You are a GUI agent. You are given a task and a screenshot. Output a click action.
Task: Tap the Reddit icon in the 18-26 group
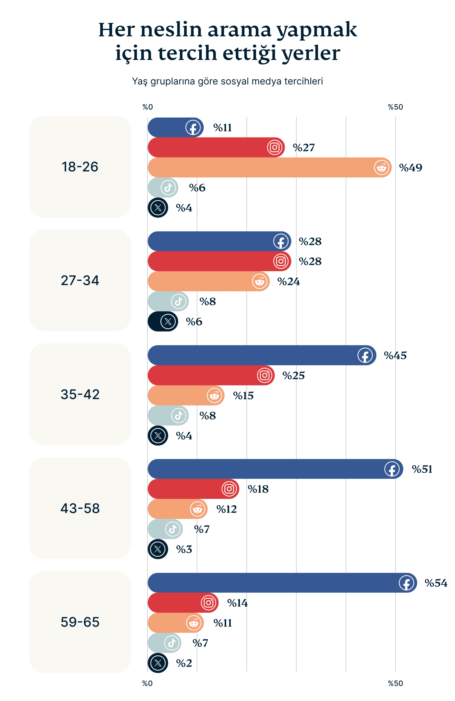[x=381, y=168]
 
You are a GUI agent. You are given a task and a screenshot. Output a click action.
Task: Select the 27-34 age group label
[x=80, y=280]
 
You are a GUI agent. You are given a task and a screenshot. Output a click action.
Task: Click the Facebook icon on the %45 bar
[x=365, y=355]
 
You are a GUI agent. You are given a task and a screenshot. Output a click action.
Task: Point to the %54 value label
[x=436, y=583]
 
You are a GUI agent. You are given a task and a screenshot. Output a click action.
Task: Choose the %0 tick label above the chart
[x=147, y=107]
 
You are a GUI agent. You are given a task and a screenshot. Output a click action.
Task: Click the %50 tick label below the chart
[x=395, y=683]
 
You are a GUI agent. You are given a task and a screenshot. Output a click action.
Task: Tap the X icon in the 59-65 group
[x=158, y=663]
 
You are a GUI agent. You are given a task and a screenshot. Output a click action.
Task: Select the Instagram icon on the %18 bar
[x=229, y=489]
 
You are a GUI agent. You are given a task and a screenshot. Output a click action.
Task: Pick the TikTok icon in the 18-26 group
[x=168, y=188]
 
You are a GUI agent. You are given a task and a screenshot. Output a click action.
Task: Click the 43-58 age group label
[x=80, y=508]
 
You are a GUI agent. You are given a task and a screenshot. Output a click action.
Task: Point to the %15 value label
[x=243, y=396]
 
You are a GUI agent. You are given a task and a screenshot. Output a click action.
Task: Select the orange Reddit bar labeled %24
[x=201, y=281]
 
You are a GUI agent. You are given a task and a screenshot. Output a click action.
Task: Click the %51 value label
[x=422, y=469]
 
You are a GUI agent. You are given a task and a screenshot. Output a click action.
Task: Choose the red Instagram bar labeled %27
[x=206, y=147]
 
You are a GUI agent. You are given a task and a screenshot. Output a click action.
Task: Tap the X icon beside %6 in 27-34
[x=168, y=321]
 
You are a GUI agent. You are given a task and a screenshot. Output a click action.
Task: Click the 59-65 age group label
[x=80, y=622]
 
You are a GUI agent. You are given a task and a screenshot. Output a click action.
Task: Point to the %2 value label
[x=184, y=663]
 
